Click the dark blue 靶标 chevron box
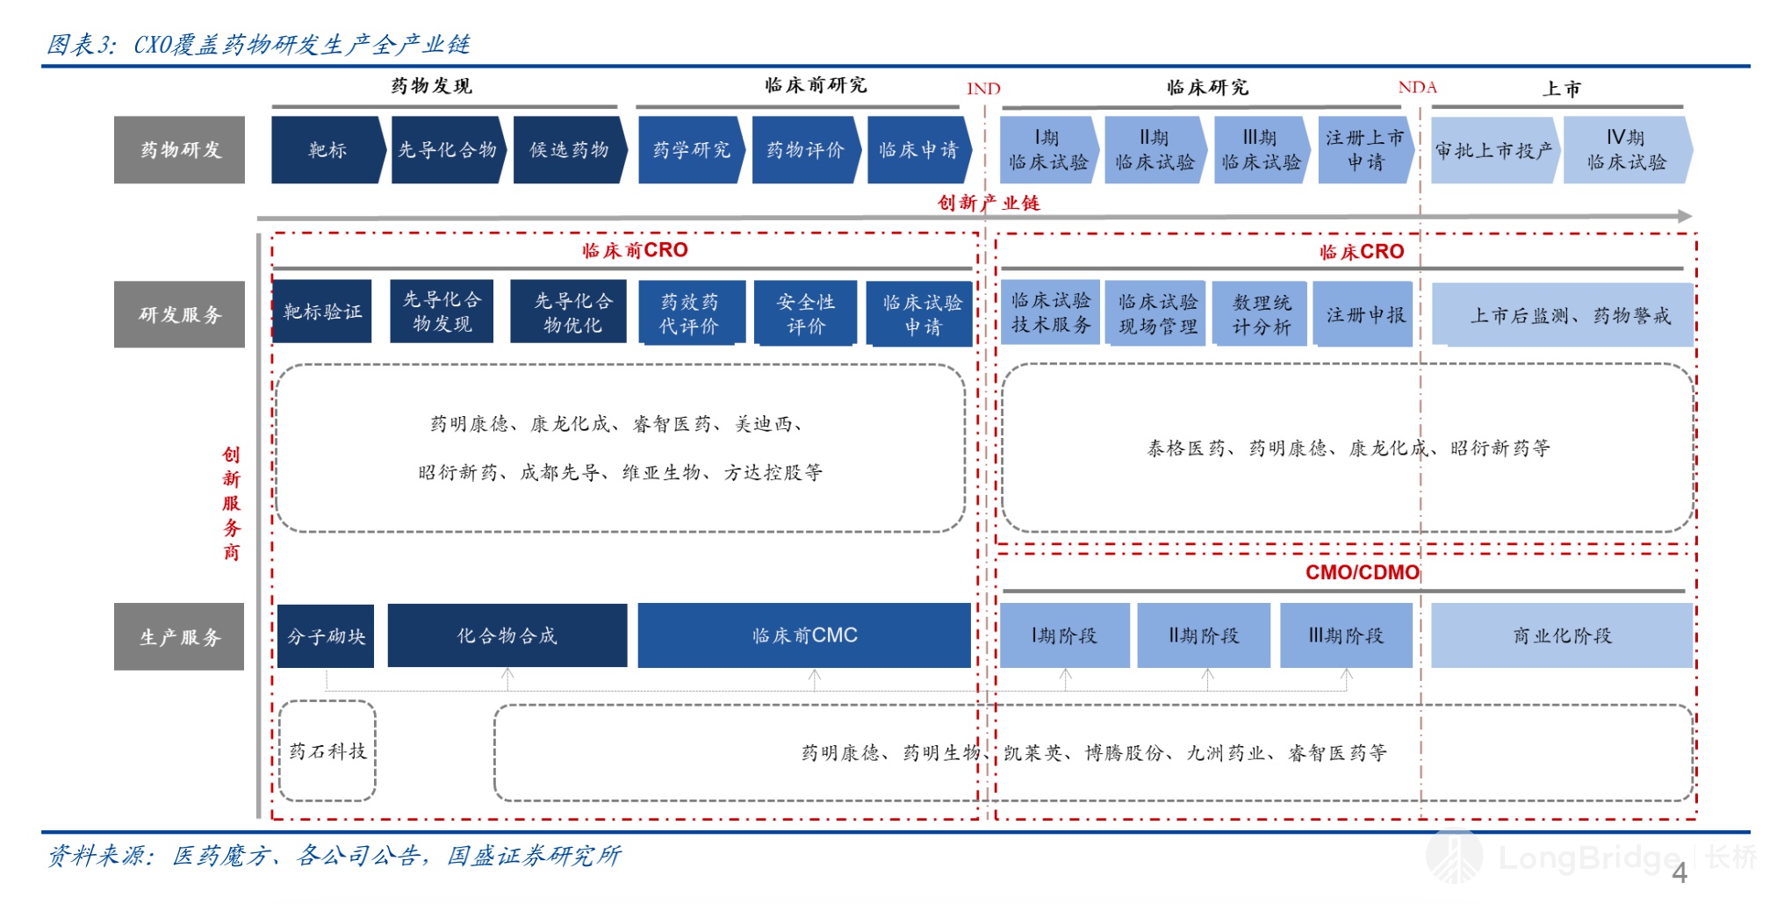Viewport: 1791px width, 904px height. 327,150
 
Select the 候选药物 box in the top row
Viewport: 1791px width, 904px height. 569,150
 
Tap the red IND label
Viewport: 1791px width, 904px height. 983,89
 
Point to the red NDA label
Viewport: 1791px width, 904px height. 1417,87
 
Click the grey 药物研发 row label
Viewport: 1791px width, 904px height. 179,150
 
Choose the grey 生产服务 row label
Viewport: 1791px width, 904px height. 179,636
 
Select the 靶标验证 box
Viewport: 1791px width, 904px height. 322,312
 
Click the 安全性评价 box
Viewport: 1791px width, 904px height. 805,313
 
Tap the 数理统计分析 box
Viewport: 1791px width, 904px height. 1261,314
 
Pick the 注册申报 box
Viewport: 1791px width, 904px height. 1365,314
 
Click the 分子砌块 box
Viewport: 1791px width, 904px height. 326,636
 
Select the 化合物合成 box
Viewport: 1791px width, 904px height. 507,635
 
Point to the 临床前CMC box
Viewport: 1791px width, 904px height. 804,635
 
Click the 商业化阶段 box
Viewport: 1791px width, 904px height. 1562,635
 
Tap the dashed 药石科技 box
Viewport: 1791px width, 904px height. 327,750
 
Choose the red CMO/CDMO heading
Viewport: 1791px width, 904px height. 1362,572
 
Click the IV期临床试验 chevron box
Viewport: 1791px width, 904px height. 1626,150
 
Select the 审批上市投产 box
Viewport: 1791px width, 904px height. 1493,150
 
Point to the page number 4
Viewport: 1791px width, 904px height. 1679,872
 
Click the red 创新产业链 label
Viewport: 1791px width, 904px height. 989,203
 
